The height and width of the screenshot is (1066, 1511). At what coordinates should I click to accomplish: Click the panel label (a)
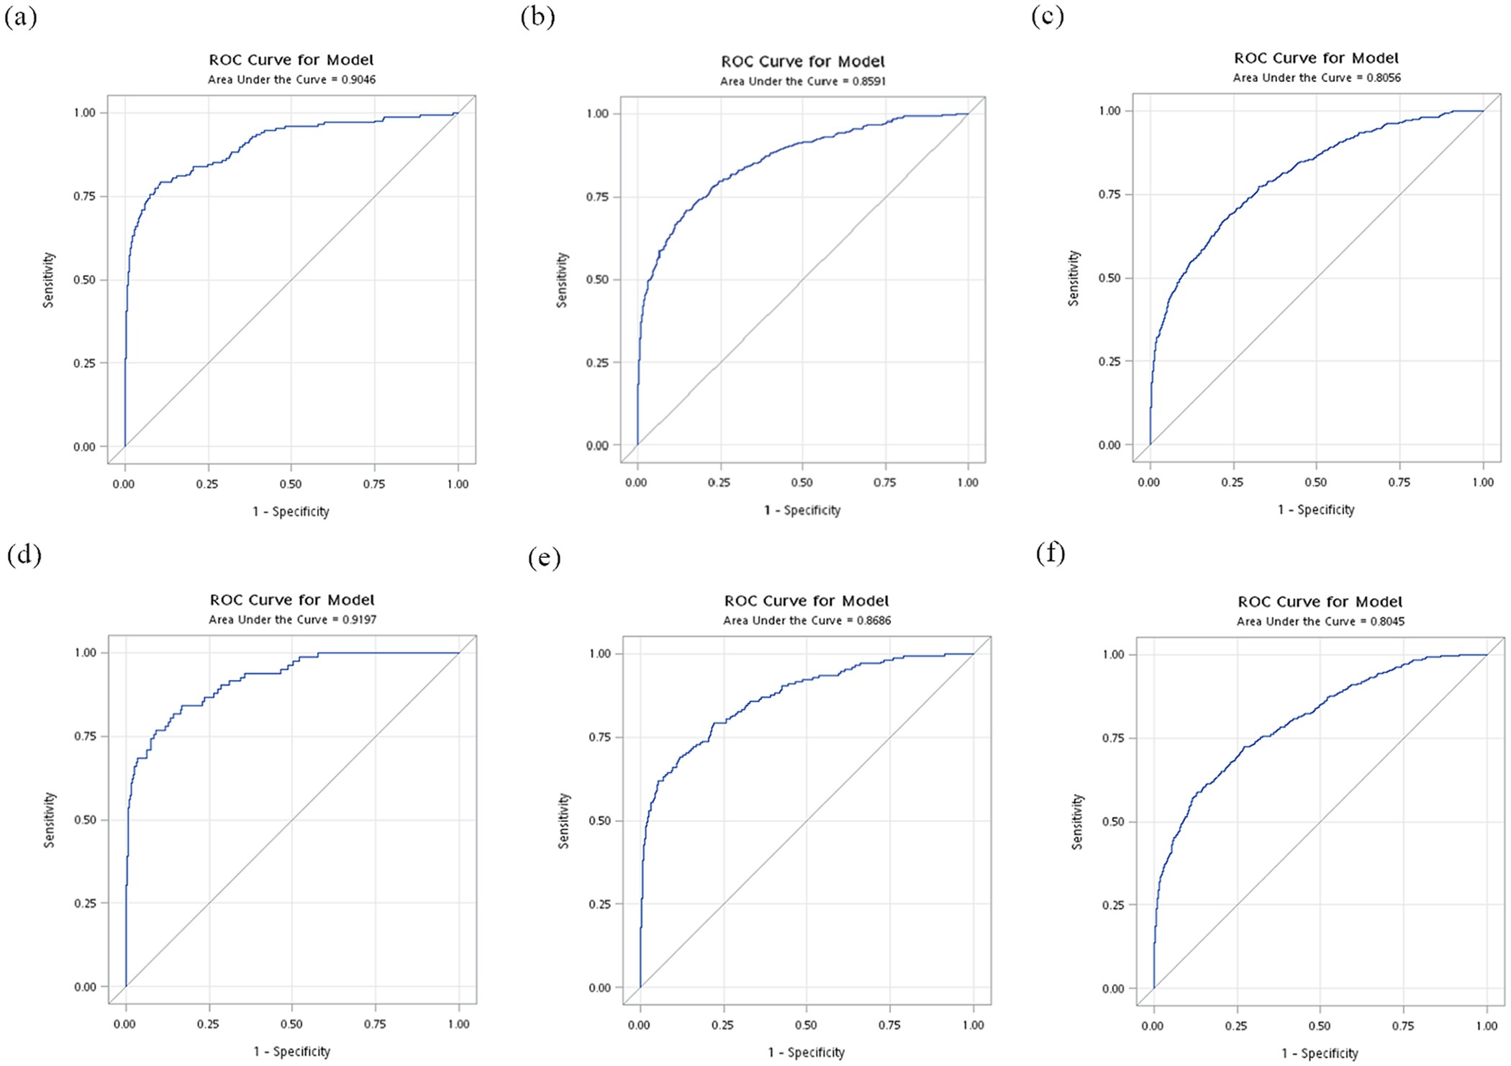click(x=20, y=17)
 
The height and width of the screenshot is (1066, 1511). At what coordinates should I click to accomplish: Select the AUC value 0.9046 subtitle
click(x=291, y=80)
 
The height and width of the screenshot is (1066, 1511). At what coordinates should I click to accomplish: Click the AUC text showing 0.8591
click(x=802, y=81)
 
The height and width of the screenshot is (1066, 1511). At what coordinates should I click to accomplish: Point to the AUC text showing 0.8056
click(x=1316, y=78)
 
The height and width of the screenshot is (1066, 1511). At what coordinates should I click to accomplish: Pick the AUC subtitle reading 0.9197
click(x=292, y=620)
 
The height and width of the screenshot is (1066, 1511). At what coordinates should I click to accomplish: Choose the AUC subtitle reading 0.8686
click(x=807, y=620)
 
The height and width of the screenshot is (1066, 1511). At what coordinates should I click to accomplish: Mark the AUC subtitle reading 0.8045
click(x=1320, y=621)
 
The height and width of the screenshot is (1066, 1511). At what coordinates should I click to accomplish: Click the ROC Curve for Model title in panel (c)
click(x=1316, y=58)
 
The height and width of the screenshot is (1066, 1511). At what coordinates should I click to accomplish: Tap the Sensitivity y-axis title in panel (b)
click(x=562, y=280)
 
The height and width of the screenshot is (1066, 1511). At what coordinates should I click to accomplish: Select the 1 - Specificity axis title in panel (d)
click(x=291, y=1052)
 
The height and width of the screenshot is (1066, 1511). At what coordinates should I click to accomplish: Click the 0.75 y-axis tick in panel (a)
click(x=84, y=197)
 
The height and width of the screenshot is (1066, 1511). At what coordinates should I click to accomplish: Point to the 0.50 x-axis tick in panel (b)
click(x=802, y=483)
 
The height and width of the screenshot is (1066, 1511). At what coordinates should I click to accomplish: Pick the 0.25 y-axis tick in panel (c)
click(x=1109, y=361)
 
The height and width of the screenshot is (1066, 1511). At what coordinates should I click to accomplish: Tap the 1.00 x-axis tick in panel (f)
click(x=1487, y=1026)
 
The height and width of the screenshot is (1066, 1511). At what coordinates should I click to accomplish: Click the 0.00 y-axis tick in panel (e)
click(x=599, y=988)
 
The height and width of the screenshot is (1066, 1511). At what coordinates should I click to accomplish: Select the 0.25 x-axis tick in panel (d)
click(x=208, y=1024)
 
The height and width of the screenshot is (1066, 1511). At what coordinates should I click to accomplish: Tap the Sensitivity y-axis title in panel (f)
click(x=1077, y=821)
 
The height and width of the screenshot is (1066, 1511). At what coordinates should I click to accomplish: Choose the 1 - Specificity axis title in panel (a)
click(x=291, y=512)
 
